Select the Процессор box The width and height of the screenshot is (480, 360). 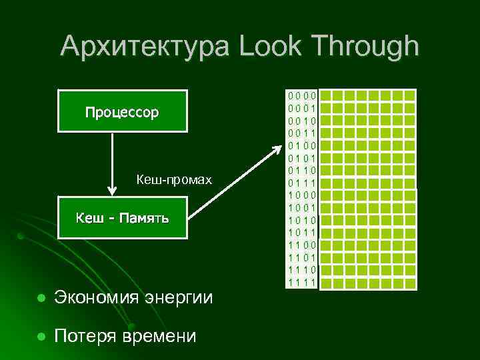pyautogui.click(x=122, y=111)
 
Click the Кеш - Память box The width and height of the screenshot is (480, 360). pyautogui.click(x=122, y=218)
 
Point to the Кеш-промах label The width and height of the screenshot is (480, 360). pyautogui.click(x=174, y=179)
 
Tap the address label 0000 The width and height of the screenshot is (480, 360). pyautogui.click(x=302, y=95)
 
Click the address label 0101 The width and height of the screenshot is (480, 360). pyautogui.click(x=302, y=158)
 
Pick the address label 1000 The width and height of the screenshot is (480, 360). pyautogui.click(x=302, y=195)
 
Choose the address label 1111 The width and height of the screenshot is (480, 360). pyautogui.click(x=302, y=283)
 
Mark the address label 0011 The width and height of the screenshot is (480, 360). pyautogui.click(x=302, y=133)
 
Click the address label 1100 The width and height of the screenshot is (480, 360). pyautogui.click(x=302, y=245)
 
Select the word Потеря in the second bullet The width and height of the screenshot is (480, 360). pyautogui.click(x=85, y=336)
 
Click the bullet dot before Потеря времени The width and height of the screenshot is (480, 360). pyautogui.click(x=41, y=336)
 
